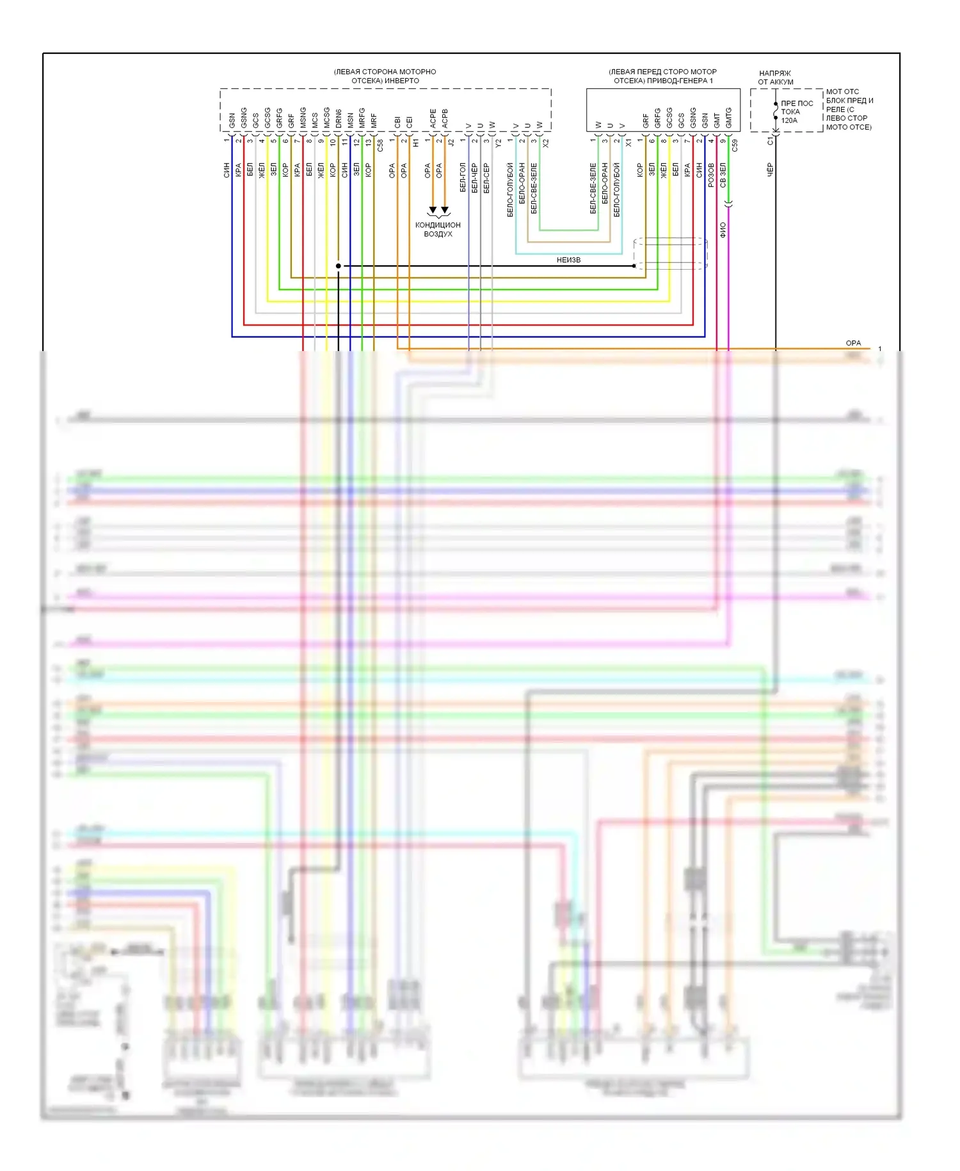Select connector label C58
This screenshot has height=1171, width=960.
pos(380,145)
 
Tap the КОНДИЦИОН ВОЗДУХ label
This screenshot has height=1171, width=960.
pos(438,229)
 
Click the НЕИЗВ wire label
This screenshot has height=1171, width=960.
pos(568,260)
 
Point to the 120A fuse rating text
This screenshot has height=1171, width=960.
pos(789,120)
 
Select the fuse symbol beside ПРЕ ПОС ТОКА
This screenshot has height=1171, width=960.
pos(776,111)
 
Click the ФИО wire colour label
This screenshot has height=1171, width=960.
pos(723,230)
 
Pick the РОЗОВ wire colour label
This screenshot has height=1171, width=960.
pos(711,175)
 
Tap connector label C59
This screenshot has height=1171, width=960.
pos(735,145)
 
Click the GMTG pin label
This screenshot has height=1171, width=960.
pos(728,117)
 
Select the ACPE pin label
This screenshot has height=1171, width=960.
pos(433,118)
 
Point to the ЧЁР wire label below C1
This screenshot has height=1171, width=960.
pos(770,169)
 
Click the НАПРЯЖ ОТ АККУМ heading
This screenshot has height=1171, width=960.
pos(775,78)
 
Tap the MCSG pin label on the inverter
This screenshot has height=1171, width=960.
pos(326,118)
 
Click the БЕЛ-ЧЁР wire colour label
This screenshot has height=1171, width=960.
pos(474,177)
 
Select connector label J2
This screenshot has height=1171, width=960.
pos(451,143)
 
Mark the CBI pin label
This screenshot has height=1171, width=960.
pos(397,121)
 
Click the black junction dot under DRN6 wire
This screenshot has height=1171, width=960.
pos(339,266)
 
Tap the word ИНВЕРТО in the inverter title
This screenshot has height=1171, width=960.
pos(402,81)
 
